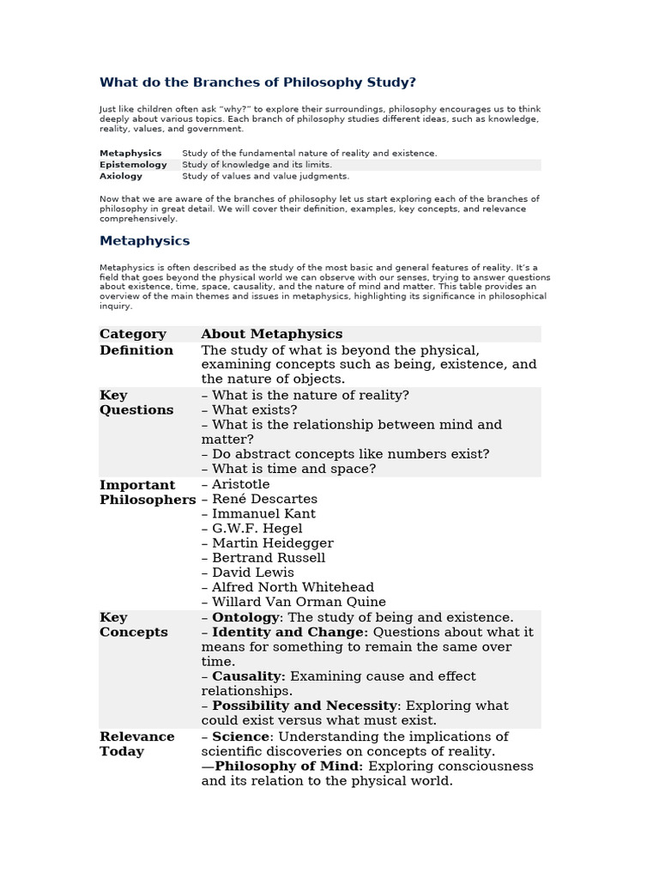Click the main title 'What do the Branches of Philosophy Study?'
click(257, 82)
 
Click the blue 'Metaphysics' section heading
click(144, 241)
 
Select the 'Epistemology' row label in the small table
click(133, 165)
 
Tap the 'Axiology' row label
click(123, 176)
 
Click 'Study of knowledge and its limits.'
click(257, 165)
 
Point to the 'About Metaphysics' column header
click(271, 334)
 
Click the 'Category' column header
click(133, 334)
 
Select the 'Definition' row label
click(136, 350)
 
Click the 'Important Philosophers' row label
click(148, 492)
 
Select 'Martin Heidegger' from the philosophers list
click(272, 543)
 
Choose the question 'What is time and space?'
click(293, 469)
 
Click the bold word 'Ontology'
click(245, 617)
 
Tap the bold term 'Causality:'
click(249, 676)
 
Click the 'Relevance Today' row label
click(136, 743)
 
